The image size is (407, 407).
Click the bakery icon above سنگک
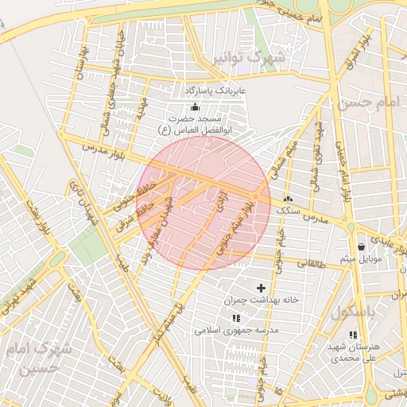point(287,200)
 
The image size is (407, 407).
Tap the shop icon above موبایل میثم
point(362,246)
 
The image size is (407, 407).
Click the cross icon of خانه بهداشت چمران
point(261,287)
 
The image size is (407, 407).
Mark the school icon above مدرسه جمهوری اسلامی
point(235,317)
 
